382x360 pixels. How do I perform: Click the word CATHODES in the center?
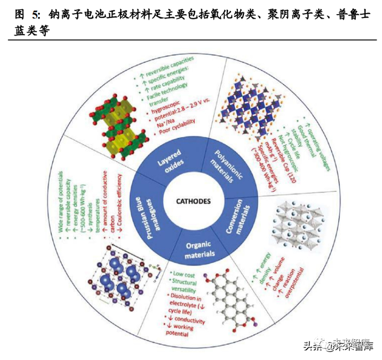pyautogui.click(x=193, y=200)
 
